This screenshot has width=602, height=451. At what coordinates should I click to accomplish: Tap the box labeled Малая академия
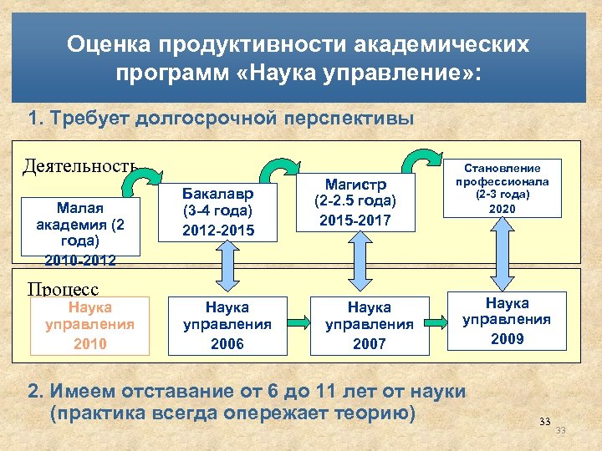(x=79, y=225)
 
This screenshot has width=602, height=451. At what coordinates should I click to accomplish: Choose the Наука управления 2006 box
(x=227, y=325)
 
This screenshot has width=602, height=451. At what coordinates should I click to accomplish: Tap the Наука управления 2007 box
(x=369, y=325)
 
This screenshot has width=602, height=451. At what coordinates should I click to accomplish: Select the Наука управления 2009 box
(x=508, y=319)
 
